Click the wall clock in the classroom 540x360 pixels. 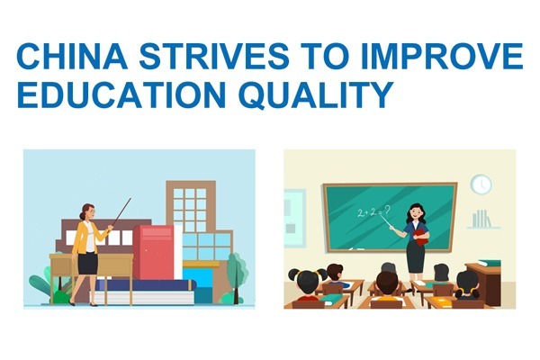(x=481, y=184)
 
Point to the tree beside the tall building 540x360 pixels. (x=237, y=267)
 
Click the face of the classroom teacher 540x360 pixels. (x=415, y=214)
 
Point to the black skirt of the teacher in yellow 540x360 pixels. (x=87, y=263)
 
